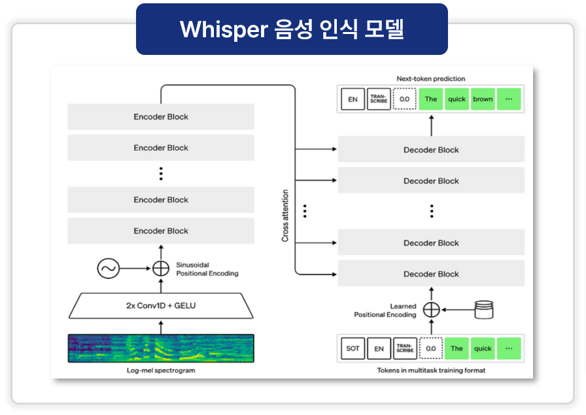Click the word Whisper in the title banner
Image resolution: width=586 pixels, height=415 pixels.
coord(224,29)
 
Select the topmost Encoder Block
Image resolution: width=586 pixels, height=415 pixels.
coord(161,117)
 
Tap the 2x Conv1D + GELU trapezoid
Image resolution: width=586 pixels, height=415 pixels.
coord(161,305)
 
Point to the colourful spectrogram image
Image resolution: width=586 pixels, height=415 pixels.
coord(161,348)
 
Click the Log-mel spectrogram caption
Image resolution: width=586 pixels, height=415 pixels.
coord(161,371)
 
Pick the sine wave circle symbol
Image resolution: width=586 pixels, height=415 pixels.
coord(108,269)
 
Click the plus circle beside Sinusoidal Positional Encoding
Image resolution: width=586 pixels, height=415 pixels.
coord(161,269)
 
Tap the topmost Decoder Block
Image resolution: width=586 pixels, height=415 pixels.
coord(431,150)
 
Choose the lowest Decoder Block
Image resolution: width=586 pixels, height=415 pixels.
coord(431,274)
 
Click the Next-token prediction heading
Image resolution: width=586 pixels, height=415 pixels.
coord(431,79)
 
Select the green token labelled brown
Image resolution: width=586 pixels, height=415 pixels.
coord(483,99)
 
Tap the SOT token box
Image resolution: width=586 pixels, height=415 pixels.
coord(353,348)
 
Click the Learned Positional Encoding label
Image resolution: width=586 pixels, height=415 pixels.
coord(385,310)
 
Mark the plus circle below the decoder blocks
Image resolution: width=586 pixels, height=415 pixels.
coord(431,310)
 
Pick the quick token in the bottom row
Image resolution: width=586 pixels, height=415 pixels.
coord(483,348)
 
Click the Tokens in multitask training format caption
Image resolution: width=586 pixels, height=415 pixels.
coord(431,371)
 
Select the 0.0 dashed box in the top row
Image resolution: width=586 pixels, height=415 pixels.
coord(404,99)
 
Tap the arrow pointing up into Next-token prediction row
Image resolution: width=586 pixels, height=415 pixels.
coord(431,124)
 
